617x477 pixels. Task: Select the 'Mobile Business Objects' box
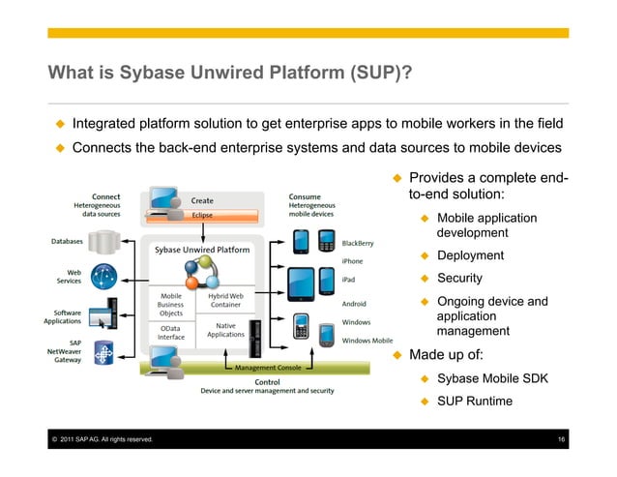coord(170,304)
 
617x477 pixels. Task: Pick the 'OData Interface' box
coord(170,334)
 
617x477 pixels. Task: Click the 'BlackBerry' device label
coord(359,242)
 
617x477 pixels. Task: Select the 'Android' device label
coord(355,303)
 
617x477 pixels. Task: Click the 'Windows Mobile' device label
coord(367,341)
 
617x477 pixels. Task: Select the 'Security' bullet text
coord(459,279)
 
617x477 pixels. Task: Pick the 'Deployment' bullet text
coord(470,255)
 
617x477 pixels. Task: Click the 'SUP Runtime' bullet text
coord(474,401)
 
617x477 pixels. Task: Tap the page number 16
coord(562,441)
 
